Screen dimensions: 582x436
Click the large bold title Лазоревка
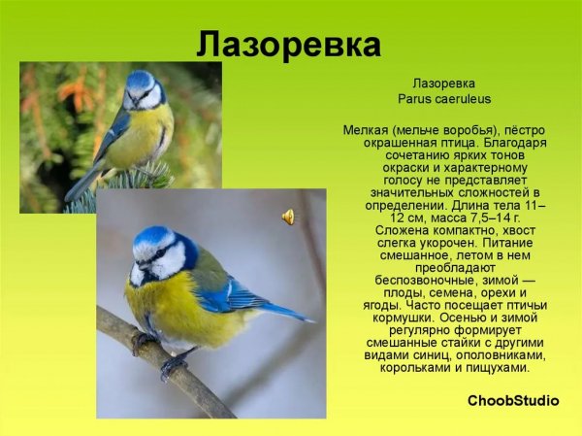coord(288,45)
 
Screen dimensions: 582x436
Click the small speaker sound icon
coord(288,218)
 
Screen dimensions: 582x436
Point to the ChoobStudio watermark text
coord(513,400)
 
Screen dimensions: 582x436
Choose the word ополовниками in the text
coord(501,355)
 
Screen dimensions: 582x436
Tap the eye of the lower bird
coord(160,253)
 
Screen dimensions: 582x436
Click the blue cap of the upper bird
coord(141,78)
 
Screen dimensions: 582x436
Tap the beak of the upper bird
coord(134,101)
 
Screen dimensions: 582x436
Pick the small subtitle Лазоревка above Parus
coord(443,84)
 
